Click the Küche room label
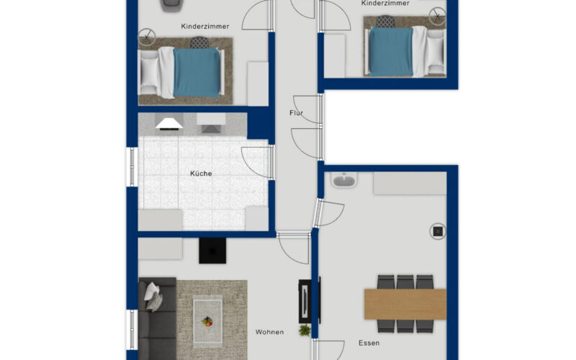(x=201, y=174)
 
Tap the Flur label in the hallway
(x=297, y=113)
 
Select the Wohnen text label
(x=269, y=332)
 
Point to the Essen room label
(x=369, y=343)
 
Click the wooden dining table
(x=405, y=304)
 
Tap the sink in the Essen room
(x=344, y=180)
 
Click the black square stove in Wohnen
(x=212, y=251)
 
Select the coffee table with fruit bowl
(x=207, y=321)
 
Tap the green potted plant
(x=305, y=330)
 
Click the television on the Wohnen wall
(x=305, y=301)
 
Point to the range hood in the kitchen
(x=169, y=124)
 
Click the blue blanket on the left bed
(x=197, y=73)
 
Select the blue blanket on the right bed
(x=391, y=52)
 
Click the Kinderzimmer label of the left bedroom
(x=205, y=27)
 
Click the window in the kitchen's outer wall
(x=132, y=167)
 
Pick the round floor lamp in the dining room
(x=438, y=231)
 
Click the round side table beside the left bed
(x=147, y=37)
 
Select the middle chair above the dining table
(x=405, y=282)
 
